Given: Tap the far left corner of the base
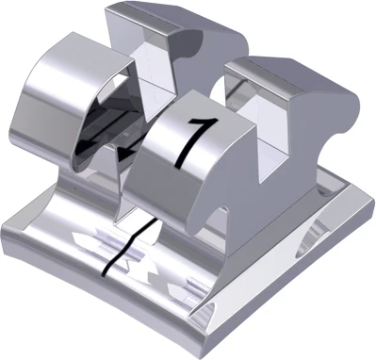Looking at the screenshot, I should pyautogui.click(x=8, y=227).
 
